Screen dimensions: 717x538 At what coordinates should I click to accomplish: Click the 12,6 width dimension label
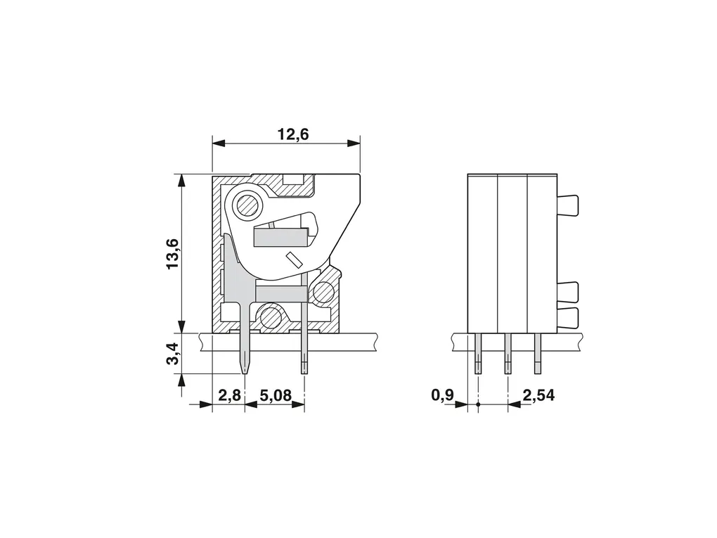294,134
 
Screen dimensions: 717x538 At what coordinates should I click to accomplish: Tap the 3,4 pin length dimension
174,354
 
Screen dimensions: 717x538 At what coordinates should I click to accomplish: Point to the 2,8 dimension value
229,395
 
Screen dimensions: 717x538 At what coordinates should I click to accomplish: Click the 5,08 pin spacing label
276,395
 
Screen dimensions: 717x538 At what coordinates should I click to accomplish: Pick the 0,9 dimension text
443,395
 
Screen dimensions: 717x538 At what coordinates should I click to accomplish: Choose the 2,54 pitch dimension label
538,395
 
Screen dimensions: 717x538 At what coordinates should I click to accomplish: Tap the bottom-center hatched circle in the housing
270,316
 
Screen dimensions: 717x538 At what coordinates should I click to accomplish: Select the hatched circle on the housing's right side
323,291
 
